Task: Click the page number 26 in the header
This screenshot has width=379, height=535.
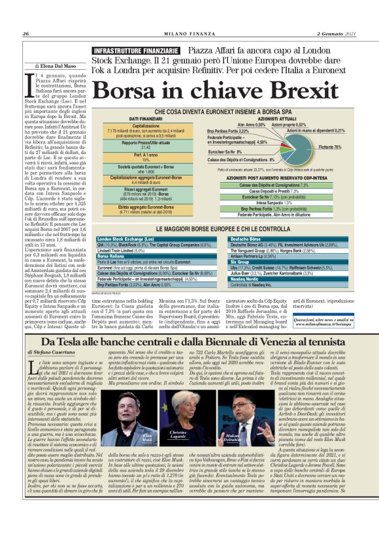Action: (25, 34)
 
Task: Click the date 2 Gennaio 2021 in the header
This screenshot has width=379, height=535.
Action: (336, 34)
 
